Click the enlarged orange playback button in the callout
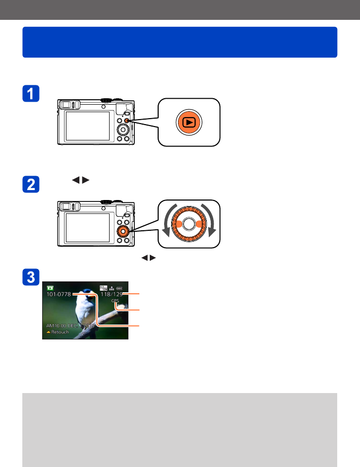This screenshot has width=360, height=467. pyautogui.click(x=188, y=122)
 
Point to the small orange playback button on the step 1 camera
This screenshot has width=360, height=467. pyautogui.click(x=126, y=121)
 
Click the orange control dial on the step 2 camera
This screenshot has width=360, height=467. pyautogui.click(x=122, y=231)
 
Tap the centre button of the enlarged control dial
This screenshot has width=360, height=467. pyautogui.click(x=188, y=224)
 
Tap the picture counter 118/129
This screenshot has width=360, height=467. pyautogui.click(x=112, y=294)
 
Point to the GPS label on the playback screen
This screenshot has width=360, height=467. pyautogui.click(x=116, y=301)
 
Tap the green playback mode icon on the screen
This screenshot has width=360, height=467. pyautogui.click(x=50, y=287)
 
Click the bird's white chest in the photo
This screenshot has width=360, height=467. pyautogui.click(x=81, y=313)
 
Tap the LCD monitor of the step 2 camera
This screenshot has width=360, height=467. pyautogui.click(x=87, y=227)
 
